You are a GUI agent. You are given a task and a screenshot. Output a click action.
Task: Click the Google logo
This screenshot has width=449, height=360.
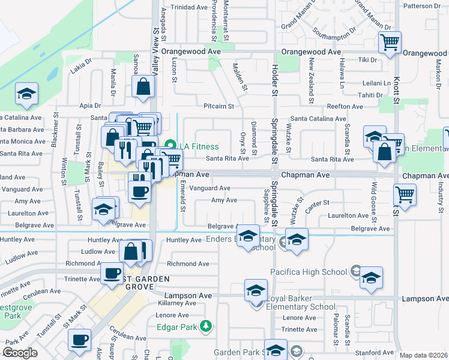20,353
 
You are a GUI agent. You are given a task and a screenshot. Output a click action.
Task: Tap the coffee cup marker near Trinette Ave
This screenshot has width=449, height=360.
112,273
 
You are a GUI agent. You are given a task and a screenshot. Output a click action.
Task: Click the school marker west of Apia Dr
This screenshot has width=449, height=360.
26,94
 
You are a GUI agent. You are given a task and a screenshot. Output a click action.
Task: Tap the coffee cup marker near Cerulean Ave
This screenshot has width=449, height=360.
79,340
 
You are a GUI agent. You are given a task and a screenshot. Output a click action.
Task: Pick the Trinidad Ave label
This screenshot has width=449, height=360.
189,8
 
